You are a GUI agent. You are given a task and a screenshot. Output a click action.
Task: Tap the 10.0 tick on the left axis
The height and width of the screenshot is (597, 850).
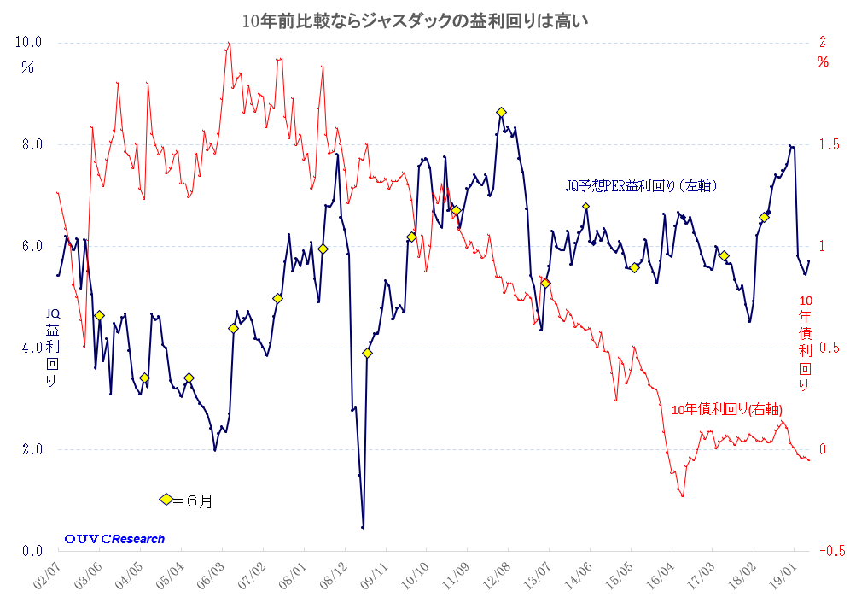30,42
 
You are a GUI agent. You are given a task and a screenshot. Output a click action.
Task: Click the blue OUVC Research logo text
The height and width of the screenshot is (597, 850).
114,539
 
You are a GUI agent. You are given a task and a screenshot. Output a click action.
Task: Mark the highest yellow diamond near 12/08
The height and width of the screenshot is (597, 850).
501,112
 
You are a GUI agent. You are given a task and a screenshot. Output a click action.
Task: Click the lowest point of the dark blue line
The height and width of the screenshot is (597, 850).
363,527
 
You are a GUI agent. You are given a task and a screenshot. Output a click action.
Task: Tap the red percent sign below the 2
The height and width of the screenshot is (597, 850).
823,61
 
